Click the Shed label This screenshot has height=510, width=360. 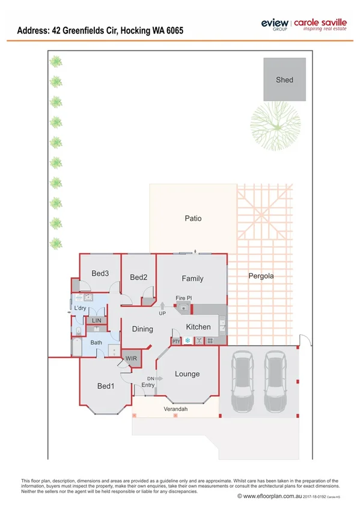click(x=284, y=79)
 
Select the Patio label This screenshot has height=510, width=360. click(x=193, y=218)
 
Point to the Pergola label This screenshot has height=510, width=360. click(x=260, y=276)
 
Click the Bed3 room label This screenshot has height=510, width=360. click(x=100, y=273)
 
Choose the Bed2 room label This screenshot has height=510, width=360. click(x=139, y=277)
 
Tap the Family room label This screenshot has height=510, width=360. click(x=192, y=278)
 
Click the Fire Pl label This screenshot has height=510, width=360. click(x=183, y=298)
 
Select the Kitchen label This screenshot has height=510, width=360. click(x=198, y=327)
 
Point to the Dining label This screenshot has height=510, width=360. click(x=142, y=329)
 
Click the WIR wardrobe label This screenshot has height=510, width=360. click(x=131, y=358)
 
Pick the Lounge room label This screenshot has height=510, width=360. click(x=187, y=373)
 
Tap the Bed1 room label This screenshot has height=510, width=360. click(x=105, y=386)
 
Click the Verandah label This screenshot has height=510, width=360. click(x=176, y=409)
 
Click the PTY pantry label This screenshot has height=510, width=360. click(x=176, y=341)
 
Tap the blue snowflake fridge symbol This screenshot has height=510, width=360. click(x=187, y=341)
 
